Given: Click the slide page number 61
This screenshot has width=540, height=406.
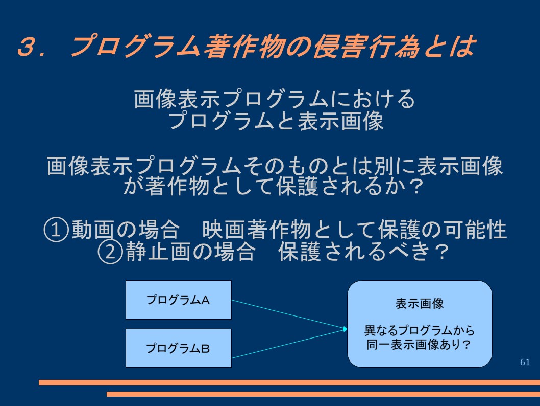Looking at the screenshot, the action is coord(525,362).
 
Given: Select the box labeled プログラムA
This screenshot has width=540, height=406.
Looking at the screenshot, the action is coord(179,300).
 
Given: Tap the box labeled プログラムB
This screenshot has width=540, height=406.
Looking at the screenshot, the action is coord(179,348).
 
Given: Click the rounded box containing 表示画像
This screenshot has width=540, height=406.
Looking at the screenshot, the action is coord(420,324).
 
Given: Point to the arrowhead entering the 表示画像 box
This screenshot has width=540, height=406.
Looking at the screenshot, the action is coord(345,329).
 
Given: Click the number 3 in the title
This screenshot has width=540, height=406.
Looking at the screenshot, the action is coord(29,47).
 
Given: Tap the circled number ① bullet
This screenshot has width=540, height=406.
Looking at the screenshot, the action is coord(56,230).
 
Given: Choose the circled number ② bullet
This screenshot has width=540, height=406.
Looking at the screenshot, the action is coord(110,252).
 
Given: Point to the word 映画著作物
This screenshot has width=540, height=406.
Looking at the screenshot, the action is coord(257,230).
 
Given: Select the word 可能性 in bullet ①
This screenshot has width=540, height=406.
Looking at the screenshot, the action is coord(475,230).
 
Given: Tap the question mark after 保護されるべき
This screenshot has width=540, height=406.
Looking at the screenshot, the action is coord(441,252).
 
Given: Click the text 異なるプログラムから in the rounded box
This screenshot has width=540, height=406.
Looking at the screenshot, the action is coord(420,330).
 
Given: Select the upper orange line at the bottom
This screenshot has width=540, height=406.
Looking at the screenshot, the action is coord(289,382).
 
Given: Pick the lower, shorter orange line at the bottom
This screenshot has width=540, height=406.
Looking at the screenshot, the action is coord(324,394).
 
